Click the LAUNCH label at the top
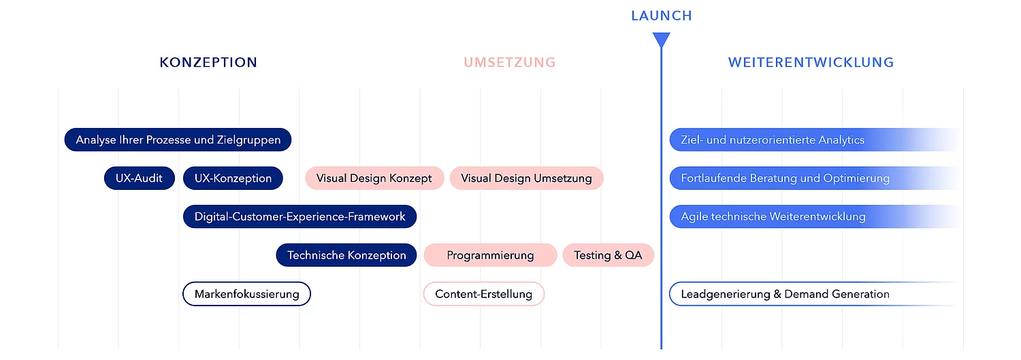661,16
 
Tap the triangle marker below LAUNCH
661,39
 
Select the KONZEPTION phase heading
208,63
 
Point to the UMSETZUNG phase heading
510,63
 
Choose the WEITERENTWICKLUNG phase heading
811,63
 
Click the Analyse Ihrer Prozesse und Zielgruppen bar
178,140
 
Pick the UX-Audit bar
140,178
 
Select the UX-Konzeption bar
233,178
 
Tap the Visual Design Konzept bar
374,178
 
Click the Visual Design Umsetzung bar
526,178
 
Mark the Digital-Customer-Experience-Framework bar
299,216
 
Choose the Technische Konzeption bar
346,255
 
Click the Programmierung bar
490,255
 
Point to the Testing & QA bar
608,255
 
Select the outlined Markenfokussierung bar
246,294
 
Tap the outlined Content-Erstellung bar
483,294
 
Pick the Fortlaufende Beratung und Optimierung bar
785,178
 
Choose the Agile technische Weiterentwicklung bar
773,216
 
